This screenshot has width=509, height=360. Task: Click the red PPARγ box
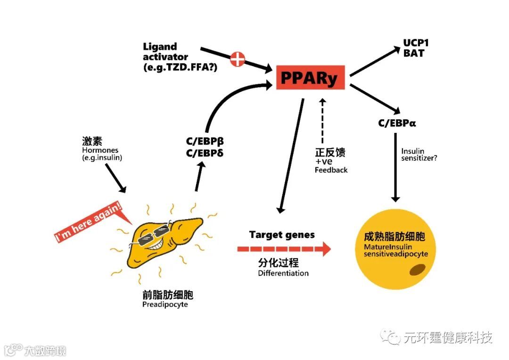pos(310,77)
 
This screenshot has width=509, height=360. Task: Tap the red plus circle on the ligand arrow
pos(238,59)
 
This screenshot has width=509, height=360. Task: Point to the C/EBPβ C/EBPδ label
pos(205,147)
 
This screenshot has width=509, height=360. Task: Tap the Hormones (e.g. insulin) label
pos(102,149)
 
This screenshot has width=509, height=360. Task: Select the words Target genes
pos(282,235)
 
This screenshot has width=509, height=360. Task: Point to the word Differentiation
pos(283,273)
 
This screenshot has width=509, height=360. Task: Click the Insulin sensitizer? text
pos(419,155)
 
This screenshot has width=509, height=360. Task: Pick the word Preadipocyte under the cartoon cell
pos(165,304)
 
